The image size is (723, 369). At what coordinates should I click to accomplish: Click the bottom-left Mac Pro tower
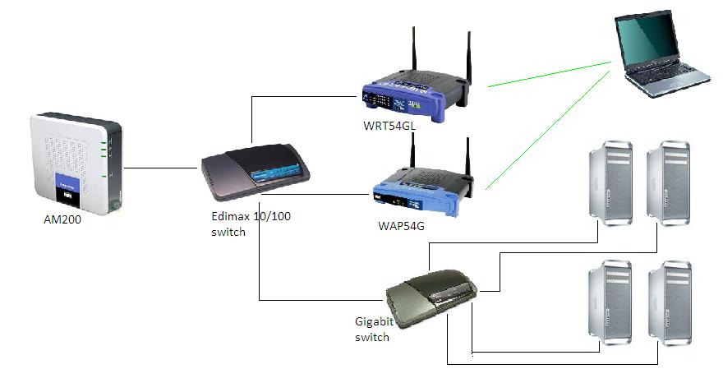[x=609, y=300]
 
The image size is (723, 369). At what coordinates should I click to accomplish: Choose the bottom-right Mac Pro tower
[x=667, y=300]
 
